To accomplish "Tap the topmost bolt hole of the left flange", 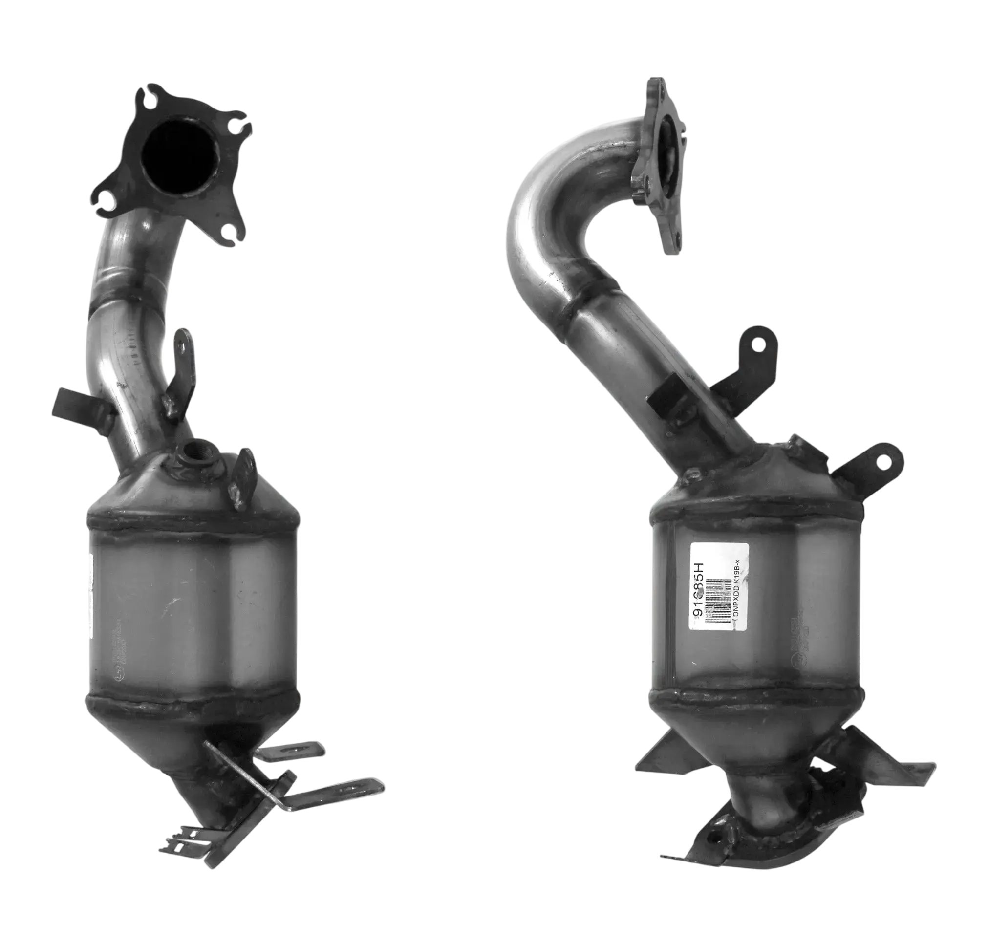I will pyautogui.click(x=152, y=95).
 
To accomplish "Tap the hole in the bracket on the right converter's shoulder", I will pyautogui.click(x=883, y=461).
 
